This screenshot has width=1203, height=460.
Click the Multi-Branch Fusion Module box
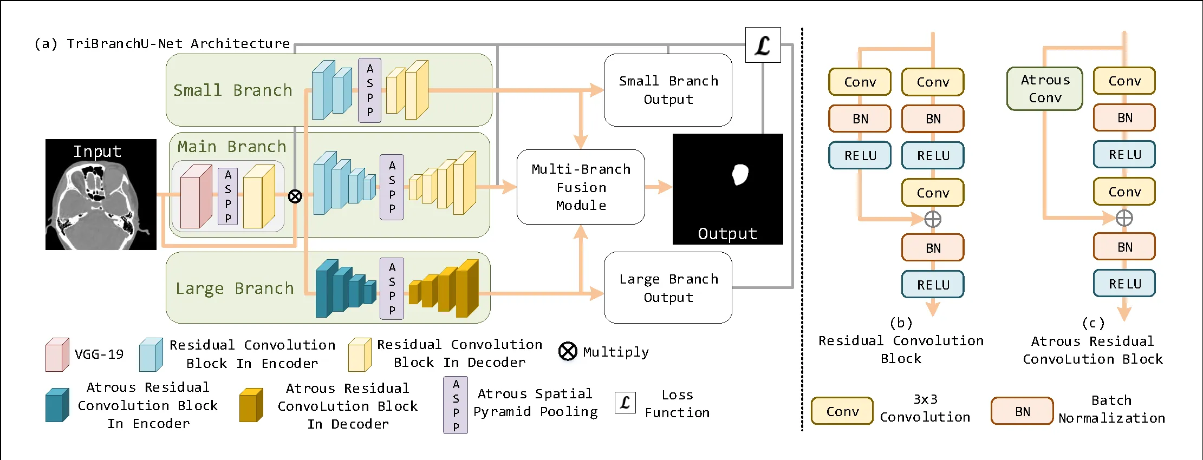point(581,187)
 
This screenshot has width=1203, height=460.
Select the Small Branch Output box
point(668,90)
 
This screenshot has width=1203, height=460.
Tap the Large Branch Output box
point(668,287)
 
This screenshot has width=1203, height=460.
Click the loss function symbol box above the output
point(763,45)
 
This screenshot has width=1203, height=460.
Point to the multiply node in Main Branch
point(295,196)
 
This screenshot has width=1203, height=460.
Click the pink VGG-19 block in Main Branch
point(195,196)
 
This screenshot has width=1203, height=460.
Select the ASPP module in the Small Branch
point(369,90)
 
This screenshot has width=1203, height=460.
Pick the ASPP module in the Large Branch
point(392,288)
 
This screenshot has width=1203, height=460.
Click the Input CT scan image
point(101,195)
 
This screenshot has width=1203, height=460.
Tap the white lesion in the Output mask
point(740,174)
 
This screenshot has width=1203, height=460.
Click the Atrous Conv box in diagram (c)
point(1044,89)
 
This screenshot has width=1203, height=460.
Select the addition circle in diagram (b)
point(933,219)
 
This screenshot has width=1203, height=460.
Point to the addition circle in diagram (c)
point(1124,218)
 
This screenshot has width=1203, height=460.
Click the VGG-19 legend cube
point(57,355)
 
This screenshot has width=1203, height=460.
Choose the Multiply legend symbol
point(568,351)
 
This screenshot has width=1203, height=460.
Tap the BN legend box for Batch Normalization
point(1022,411)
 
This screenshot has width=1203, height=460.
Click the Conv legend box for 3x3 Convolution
point(842,411)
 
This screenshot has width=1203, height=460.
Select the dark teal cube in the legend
point(57,405)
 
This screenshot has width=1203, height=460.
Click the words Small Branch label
point(232,90)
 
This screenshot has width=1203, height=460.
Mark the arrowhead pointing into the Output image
point(666,187)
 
